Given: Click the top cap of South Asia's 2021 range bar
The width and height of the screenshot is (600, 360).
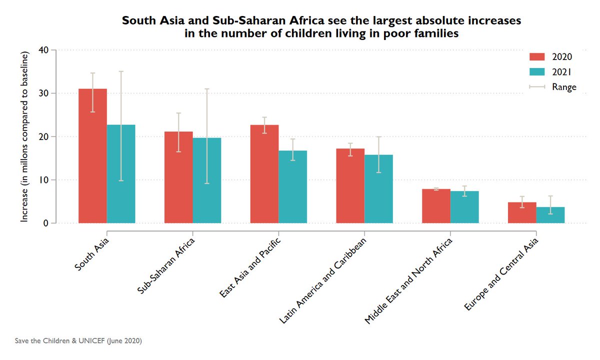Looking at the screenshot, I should coord(121,71).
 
